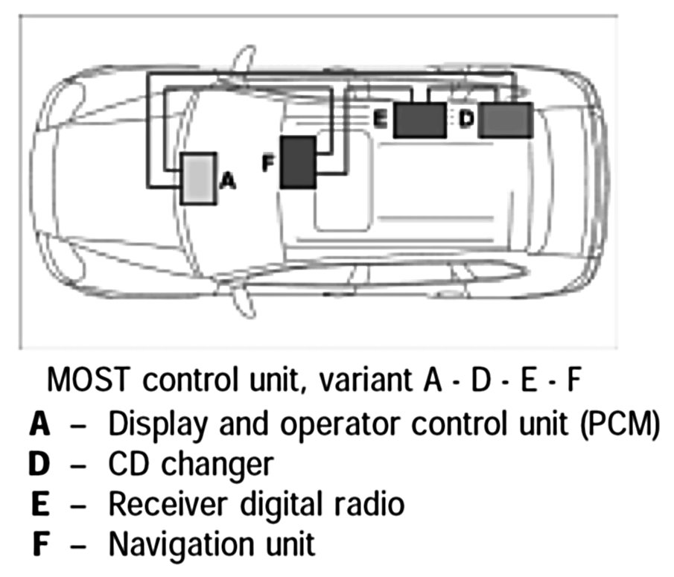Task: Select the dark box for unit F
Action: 298,162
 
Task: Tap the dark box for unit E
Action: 419,120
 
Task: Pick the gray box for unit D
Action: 505,120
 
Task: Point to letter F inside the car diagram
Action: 270,163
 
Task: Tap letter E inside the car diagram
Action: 379,119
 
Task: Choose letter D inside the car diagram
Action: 465,119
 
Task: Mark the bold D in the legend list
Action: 41,465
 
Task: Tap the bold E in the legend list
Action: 42,504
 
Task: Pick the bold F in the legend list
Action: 42,544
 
